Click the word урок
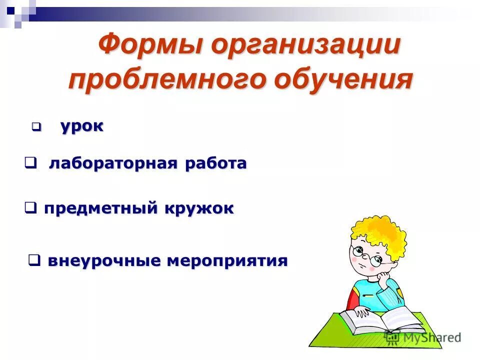pyautogui.click(x=82, y=126)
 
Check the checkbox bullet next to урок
pyautogui.click(x=36, y=127)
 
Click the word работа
pyautogui.click(x=216, y=163)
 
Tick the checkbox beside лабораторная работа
pyautogui.click(x=30, y=162)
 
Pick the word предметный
pyautogui.click(x=100, y=208)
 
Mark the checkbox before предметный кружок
pyautogui.click(x=30, y=207)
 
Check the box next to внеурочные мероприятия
pyautogui.click(x=34, y=260)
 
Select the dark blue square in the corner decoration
pyautogui.click(x=11, y=8)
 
